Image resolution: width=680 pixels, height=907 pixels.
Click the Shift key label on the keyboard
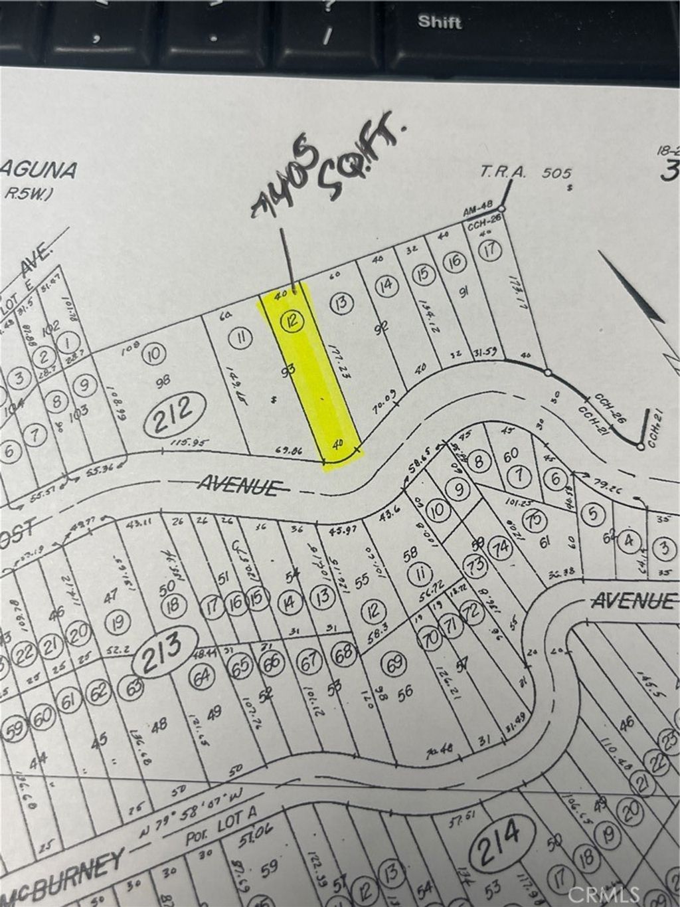[440, 21]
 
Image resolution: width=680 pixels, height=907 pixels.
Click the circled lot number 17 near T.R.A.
[490, 251]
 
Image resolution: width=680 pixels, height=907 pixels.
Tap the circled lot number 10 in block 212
[154, 353]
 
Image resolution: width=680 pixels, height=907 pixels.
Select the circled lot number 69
[395, 662]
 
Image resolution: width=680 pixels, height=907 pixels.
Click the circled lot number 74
[501, 548]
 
